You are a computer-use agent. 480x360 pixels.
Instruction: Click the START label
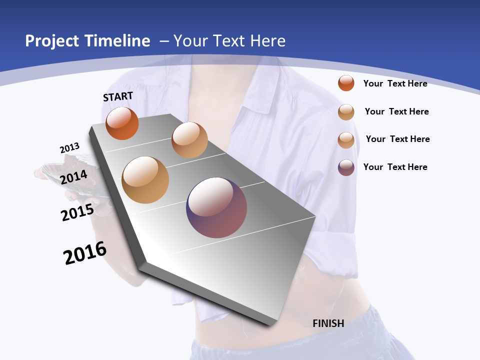tap(118, 96)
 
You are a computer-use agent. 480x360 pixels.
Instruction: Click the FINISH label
tap(328, 323)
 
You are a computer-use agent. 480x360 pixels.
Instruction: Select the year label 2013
tap(69, 148)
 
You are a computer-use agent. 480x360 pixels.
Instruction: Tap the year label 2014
tap(74, 177)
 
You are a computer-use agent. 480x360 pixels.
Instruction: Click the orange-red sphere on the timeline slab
tap(122, 123)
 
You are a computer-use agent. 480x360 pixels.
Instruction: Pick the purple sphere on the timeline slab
tap(216, 207)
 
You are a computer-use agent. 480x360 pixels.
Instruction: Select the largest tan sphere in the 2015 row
tap(145, 180)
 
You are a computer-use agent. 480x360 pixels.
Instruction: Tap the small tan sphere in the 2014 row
tap(189, 140)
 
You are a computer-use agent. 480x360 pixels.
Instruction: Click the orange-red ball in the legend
tap(346, 83)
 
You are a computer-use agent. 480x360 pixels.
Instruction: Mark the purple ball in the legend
tap(346, 167)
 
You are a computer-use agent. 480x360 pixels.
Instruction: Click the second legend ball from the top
tap(346, 112)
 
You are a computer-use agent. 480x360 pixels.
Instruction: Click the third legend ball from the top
tap(346, 140)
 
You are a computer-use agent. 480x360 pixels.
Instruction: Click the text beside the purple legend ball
tap(395, 167)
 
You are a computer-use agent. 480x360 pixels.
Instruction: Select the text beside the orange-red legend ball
tap(395, 83)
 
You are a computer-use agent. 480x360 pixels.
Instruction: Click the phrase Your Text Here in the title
tap(229, 41)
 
